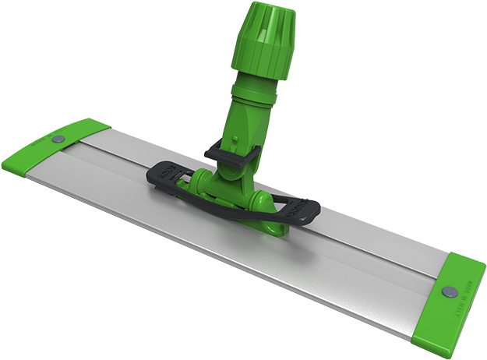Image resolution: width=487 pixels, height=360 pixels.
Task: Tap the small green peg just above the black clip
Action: (233, 141)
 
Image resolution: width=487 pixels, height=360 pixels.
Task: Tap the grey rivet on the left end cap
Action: (58, 139)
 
